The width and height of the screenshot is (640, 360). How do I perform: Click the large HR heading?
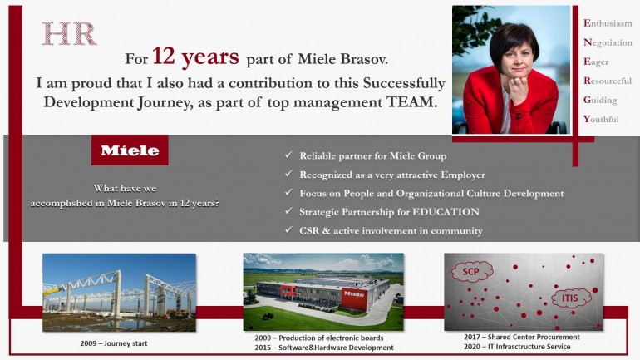point(69,33)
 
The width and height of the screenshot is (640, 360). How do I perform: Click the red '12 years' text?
point(195,57)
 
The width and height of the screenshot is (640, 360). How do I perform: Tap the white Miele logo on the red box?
point(130,150)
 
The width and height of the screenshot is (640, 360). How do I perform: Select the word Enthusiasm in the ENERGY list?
point(608,23)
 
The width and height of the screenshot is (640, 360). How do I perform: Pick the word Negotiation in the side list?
point(608,42)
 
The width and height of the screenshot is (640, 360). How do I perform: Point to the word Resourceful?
point(608,81)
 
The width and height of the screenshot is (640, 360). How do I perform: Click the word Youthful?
point(601,119)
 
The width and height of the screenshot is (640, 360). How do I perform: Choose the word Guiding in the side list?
point(600,100)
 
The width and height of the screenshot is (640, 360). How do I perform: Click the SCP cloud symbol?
point(471,271)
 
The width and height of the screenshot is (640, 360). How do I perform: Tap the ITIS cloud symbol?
point(570,298)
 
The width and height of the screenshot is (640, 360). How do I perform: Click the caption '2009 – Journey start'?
point(114,343)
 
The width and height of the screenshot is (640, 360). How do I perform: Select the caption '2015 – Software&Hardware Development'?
point(324,348)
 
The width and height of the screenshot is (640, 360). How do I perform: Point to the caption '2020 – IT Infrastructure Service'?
point(517,347)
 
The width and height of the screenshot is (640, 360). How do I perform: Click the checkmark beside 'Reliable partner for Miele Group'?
point(288,155)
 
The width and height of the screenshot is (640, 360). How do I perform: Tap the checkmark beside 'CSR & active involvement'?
point(288,229)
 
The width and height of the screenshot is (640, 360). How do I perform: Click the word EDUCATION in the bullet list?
point(446,212)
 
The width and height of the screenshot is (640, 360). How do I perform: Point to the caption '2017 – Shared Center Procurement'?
point(522,337)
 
